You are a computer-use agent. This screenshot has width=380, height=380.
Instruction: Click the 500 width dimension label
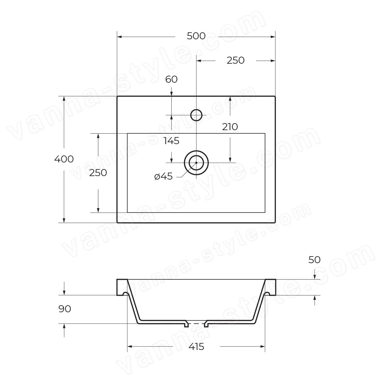(196, 36)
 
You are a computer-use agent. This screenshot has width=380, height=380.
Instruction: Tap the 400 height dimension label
(64, 159)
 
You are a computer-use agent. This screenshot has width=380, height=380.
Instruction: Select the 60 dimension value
(171, 79)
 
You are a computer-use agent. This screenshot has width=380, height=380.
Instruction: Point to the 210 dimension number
(230, 127)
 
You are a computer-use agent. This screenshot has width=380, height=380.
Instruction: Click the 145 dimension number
(171, 141)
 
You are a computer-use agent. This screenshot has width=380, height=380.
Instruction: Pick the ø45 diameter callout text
(163, 176)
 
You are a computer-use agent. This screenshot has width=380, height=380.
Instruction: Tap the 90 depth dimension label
(65, 309)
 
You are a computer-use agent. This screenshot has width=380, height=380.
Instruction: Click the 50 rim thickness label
(314, 260)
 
